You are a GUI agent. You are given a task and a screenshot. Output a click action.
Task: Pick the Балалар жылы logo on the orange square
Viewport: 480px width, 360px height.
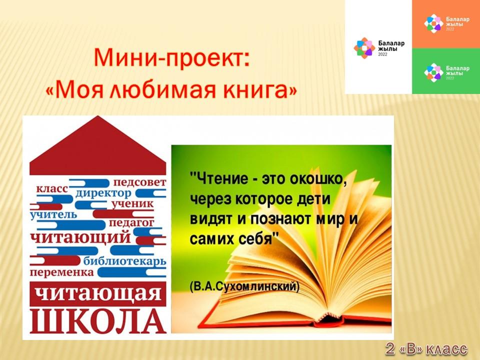click(446, 23)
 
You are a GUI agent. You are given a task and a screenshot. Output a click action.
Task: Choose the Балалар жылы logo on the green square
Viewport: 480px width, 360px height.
click(446, 72)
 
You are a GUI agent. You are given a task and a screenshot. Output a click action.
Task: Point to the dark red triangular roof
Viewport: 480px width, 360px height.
click(98, 145)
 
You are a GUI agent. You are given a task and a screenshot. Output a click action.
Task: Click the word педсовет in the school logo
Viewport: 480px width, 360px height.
click(140, 182)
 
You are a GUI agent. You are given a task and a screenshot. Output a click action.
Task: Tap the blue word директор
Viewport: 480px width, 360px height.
click(103, 193)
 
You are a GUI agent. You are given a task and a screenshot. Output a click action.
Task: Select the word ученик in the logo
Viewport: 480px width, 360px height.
click(132, 204)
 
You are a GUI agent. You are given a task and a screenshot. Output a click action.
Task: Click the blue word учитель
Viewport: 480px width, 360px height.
click(53, 214)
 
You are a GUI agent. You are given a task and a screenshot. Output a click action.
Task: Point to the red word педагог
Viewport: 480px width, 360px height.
click(131, 223)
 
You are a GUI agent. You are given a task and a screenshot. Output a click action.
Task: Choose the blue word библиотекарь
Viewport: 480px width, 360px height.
click(125, 261)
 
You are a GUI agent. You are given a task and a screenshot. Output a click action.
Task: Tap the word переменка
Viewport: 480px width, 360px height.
click(62, 272)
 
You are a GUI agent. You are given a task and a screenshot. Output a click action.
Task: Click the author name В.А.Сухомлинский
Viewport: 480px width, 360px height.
click(244, 286)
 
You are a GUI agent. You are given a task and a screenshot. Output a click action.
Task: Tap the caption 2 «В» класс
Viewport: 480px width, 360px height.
click(426, 349)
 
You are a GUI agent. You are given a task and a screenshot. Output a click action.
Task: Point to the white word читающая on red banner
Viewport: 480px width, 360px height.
click(98, 293)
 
